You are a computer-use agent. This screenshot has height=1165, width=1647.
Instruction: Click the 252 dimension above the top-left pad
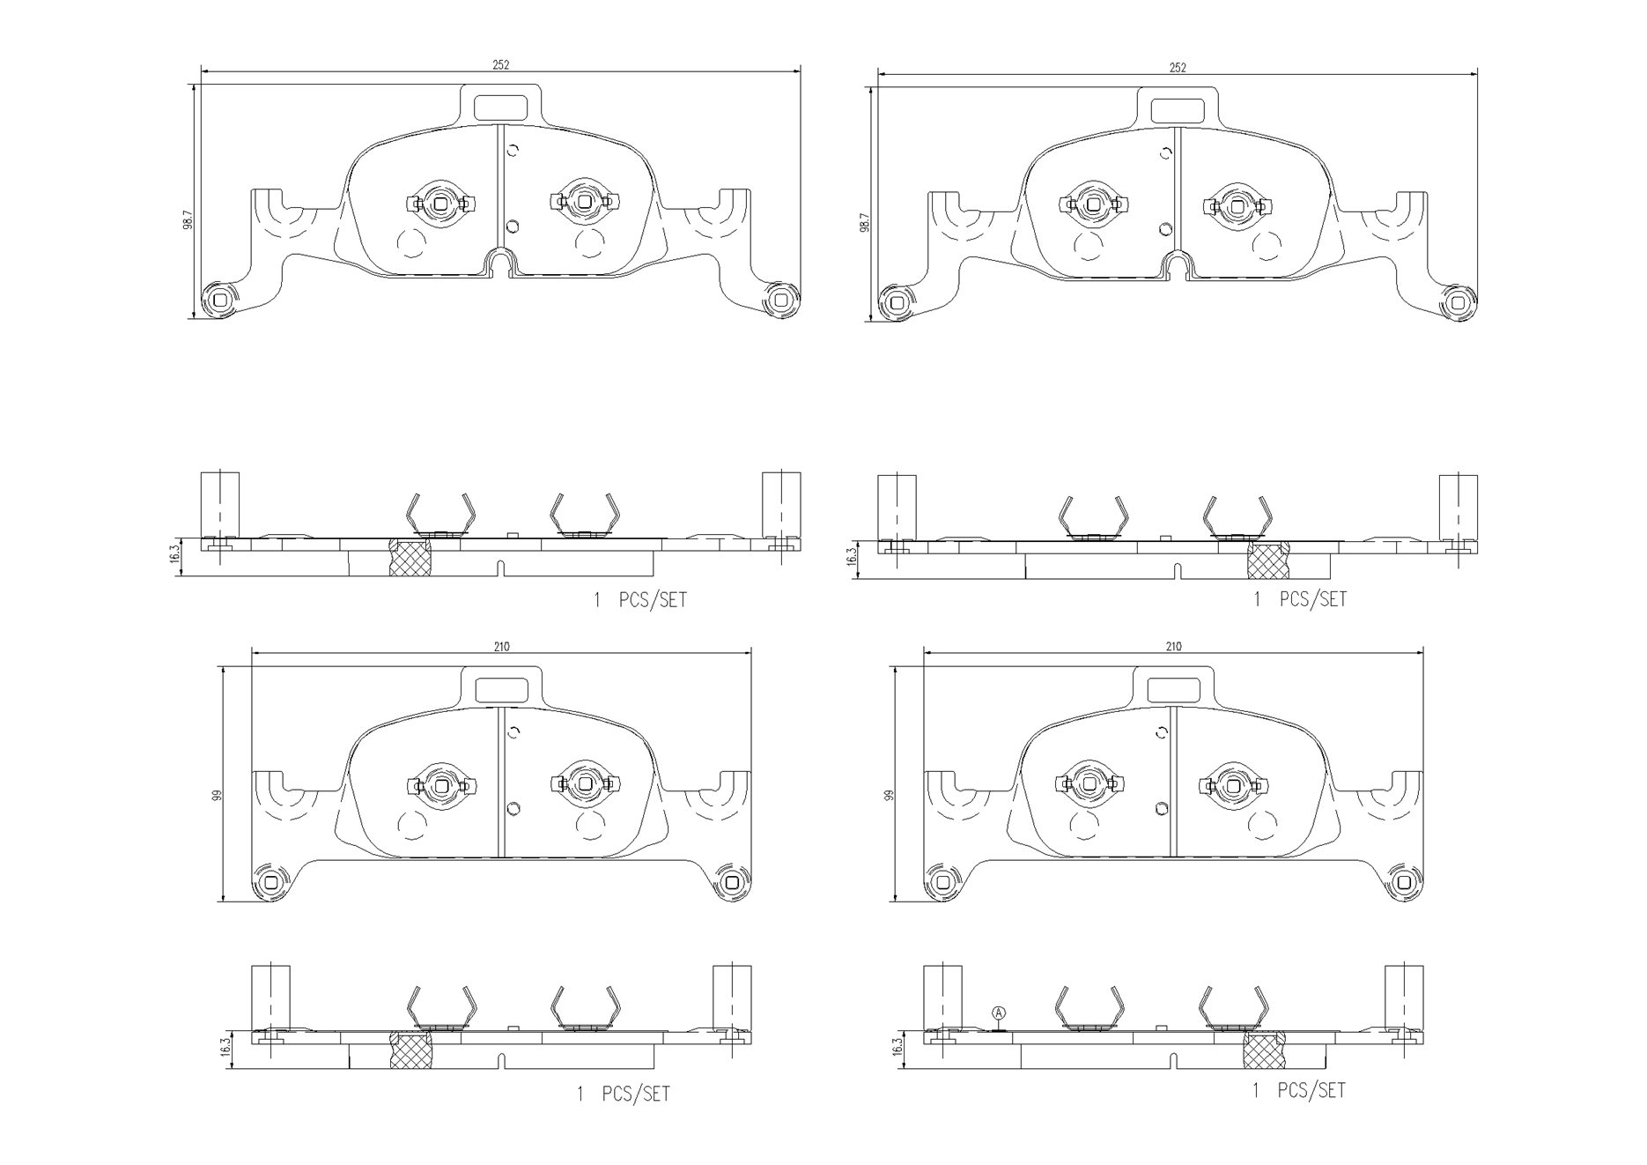(x=500, y=64)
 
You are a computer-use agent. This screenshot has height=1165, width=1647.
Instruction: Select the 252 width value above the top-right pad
(x=1178, y=67)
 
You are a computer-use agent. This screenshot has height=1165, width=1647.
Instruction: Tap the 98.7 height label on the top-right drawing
(x=865, y=222)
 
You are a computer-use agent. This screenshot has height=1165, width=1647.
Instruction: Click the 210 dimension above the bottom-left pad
(x=501, y=646)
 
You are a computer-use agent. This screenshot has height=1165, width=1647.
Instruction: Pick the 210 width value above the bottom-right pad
(x=1173, y=646)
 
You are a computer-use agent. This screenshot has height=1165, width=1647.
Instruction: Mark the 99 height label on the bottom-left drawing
(x=216, y=794)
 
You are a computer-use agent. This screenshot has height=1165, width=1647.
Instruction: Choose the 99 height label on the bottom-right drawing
(x=889, y=794)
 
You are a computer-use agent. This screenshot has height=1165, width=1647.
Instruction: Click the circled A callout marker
(x=998, y=1013)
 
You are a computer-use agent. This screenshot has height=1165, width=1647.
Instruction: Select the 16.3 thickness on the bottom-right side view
(x=897, y=1046)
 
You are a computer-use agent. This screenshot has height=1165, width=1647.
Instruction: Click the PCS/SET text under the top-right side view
(x=1312, y=599)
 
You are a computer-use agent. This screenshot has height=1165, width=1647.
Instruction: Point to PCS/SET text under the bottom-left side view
(x=635, y=1094)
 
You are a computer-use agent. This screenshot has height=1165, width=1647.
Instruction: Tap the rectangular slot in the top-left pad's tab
(x=499, y=106)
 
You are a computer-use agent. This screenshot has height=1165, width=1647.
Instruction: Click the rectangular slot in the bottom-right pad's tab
(x=1173, y=689)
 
